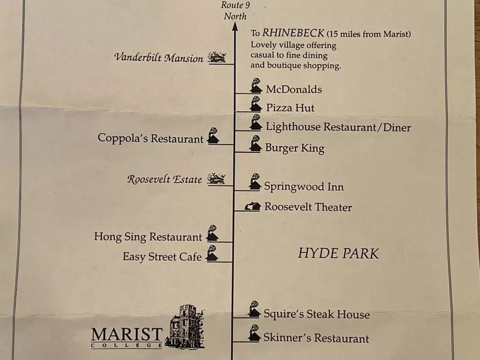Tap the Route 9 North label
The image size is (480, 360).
tap(235, 10)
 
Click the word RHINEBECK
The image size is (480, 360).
tap(293, 33)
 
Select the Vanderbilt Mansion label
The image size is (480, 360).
tap(159, 58)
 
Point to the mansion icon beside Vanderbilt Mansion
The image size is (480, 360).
tap(216, 57)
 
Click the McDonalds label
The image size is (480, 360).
tap(294, 89)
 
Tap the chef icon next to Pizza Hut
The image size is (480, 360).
tap(256, 104)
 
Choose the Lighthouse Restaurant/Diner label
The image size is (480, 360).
tap(338, 127)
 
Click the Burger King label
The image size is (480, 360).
tap(295, 148)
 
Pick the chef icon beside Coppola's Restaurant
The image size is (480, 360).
tap(214, 136)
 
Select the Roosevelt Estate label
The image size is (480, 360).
tap(165, 179)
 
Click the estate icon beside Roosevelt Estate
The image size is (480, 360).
tap(216, 179)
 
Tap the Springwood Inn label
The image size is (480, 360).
tap(304, 187)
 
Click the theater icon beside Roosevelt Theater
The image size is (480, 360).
tap(253, 207)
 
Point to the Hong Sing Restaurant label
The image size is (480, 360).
tap(148, 237)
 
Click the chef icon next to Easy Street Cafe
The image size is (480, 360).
tap(212, 253)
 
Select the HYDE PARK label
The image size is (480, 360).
tap(338, 254)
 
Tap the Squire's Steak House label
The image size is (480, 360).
tap(316, 314)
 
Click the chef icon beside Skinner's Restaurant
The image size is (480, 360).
tap(254, 333)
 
